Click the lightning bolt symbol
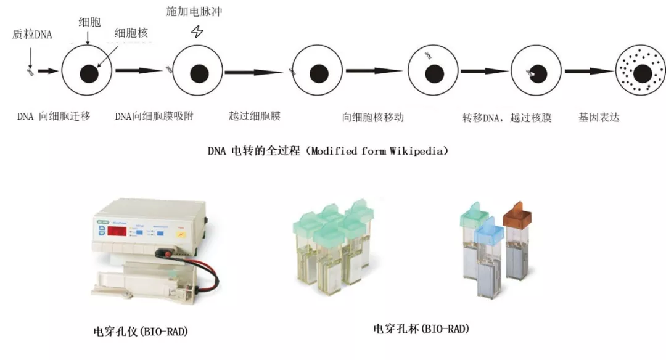click(197, 32)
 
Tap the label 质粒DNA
click(32, 35)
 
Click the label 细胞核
click(131, 33)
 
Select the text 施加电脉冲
click(194, 12)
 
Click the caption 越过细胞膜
click(255, 116)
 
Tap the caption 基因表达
click(598, 117)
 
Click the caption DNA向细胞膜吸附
click(154, 116)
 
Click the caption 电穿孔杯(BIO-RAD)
click(417, 328)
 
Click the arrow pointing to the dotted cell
click(589, 72)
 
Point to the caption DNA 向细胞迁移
click(54, 116)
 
